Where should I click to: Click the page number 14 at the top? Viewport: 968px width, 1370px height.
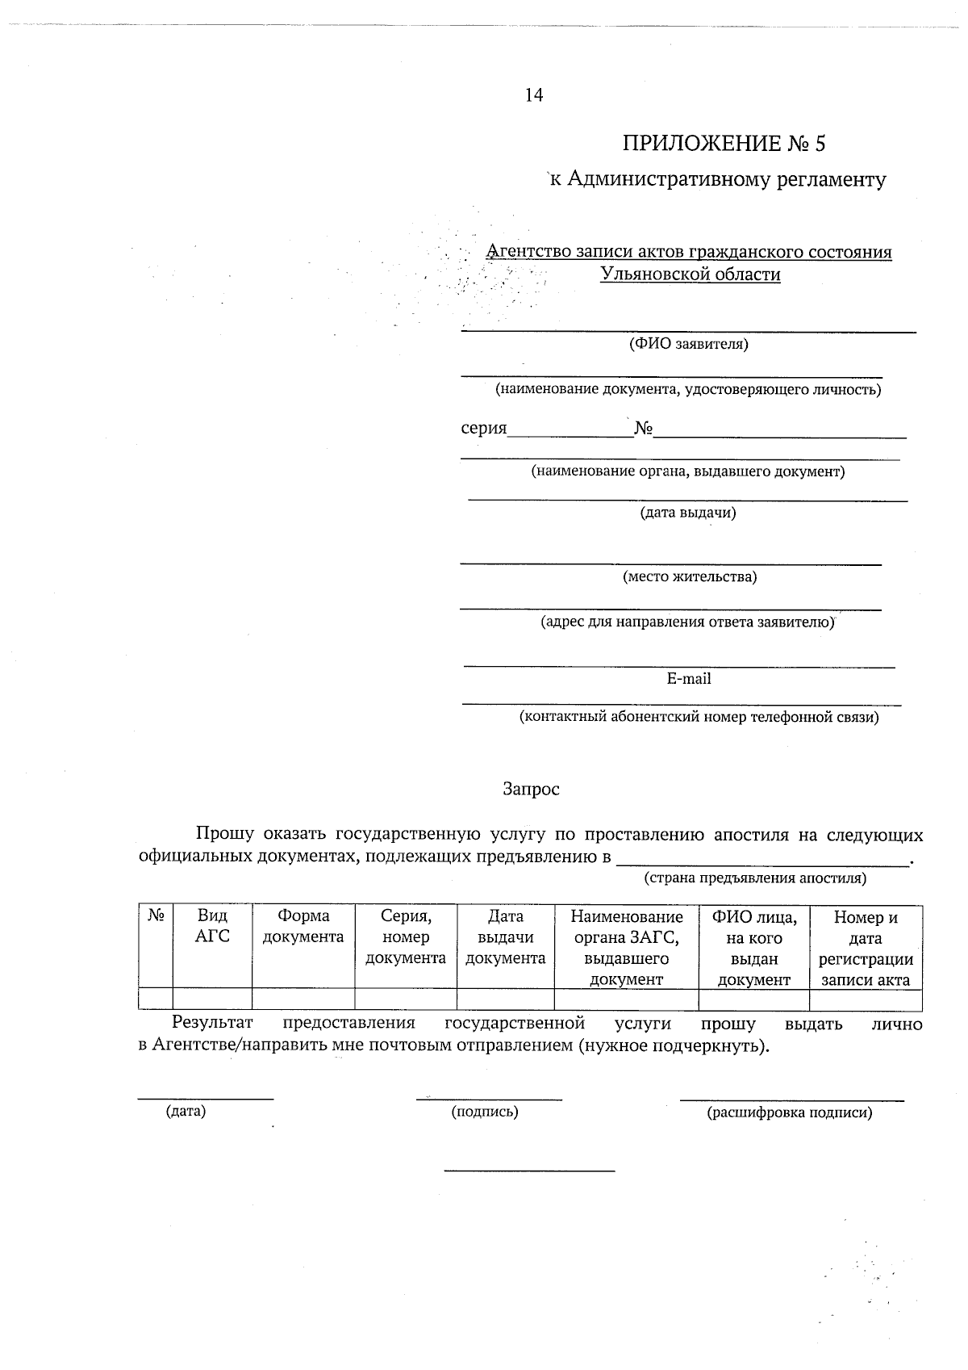[534, 95]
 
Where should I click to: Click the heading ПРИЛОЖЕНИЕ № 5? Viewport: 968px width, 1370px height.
[724, 144]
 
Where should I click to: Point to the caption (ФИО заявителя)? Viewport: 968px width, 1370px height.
[688, 345]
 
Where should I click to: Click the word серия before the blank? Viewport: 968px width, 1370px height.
[483, 428]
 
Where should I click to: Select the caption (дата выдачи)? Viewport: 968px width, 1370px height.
[688, 513]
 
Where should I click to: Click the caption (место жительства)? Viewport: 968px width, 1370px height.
[689, 577]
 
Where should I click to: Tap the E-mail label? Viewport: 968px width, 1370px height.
[689, 679]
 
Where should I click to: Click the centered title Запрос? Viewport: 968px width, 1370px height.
[531, 790]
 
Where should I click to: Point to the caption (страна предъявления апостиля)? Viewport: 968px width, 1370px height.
[754, 878]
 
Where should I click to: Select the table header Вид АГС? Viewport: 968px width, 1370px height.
[212, 926]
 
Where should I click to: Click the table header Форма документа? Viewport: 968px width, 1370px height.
[303, 926]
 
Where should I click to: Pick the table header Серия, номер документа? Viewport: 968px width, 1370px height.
[406, 937]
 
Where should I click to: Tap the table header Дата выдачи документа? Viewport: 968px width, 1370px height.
[506, 937]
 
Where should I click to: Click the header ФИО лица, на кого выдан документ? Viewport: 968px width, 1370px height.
[753, 948]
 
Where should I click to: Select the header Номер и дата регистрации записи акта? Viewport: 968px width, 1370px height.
[866, 949]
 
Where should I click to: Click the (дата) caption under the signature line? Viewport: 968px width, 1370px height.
[186, 1112]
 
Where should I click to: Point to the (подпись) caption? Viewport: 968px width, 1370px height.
[484, 1112]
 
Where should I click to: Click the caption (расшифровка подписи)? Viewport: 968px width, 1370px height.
[789, 1113]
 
